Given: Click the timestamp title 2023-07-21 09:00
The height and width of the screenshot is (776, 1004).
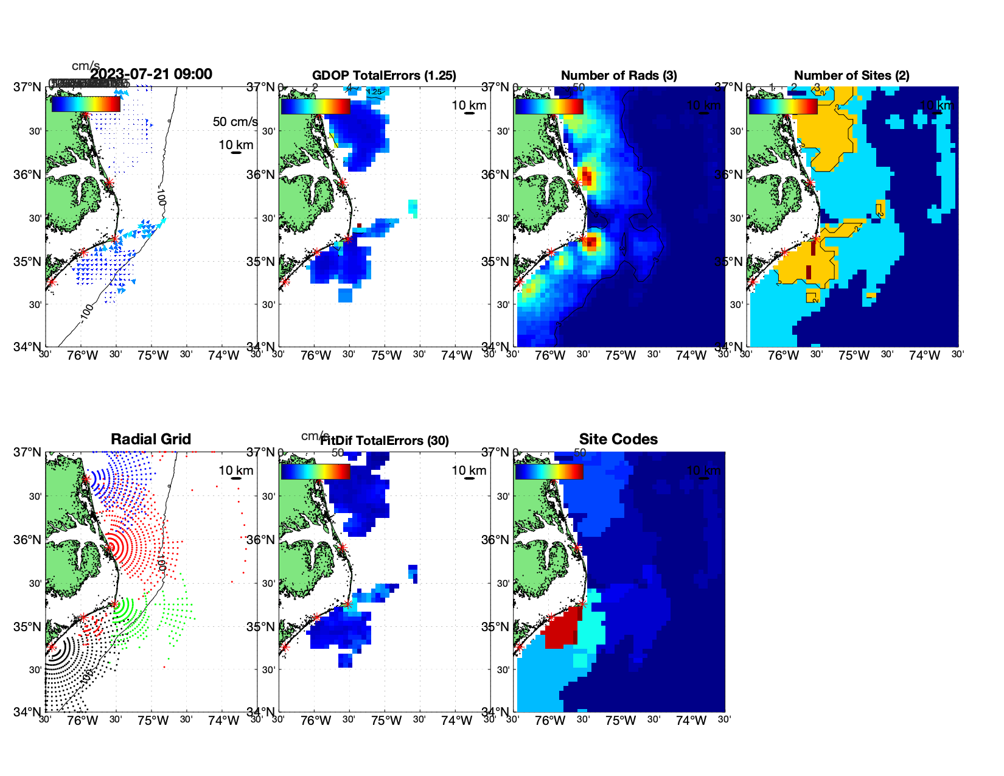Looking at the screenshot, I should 152,74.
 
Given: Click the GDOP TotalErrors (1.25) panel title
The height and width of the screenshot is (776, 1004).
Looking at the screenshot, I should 384,75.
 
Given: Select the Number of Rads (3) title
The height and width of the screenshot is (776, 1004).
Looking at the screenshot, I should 619,75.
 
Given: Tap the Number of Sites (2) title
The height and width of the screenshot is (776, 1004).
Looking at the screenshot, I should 851,75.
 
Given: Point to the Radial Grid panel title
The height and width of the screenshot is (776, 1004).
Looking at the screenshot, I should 151,439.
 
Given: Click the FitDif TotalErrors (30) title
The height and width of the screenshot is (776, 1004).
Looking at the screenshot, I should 385,441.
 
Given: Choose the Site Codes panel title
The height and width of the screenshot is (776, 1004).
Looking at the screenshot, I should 618,439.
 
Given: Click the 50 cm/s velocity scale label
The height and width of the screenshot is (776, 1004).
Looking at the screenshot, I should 235,122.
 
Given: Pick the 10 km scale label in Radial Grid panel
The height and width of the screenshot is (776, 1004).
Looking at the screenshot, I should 235,470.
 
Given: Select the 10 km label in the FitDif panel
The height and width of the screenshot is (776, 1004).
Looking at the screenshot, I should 469,470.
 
